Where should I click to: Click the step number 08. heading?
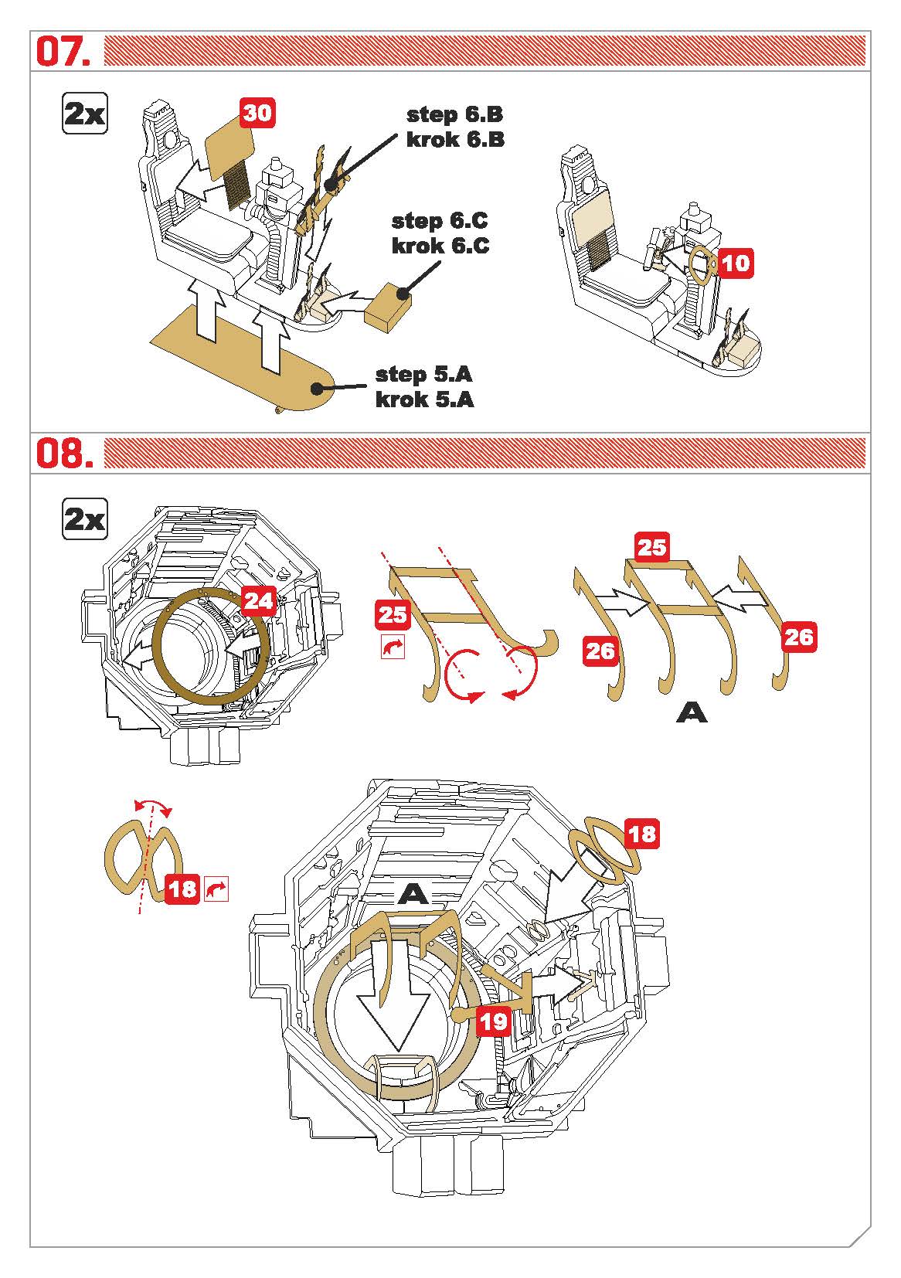65,454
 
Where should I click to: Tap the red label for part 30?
258,113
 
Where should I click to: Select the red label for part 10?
735,263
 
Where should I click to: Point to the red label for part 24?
258,601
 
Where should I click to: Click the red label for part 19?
492,1021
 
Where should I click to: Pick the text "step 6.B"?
454,114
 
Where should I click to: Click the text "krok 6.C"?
440,246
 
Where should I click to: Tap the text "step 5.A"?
423,375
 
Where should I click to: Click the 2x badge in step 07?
84,114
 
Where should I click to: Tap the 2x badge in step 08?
84,519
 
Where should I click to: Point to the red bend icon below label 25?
393,647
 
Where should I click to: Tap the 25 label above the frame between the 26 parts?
651,547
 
